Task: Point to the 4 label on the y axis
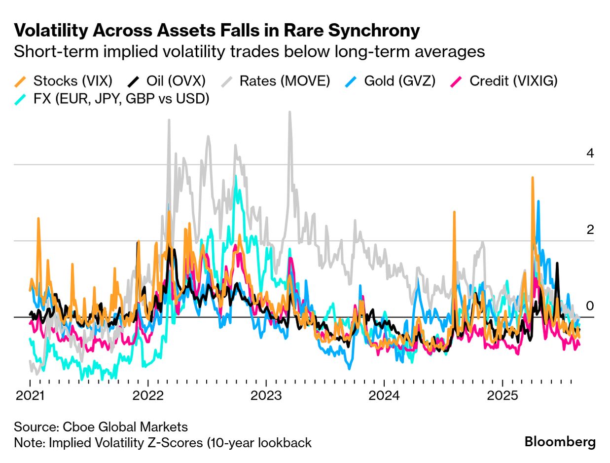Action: (590, 154)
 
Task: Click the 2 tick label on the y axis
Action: (590, 230)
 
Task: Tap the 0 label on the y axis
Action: (590, 306)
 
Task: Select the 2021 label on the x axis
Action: (30, 396)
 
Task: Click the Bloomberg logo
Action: (559, 442)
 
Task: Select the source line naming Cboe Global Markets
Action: (101, 426)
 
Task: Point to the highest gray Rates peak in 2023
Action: (289, 113)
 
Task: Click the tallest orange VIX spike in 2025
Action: (533, 178)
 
